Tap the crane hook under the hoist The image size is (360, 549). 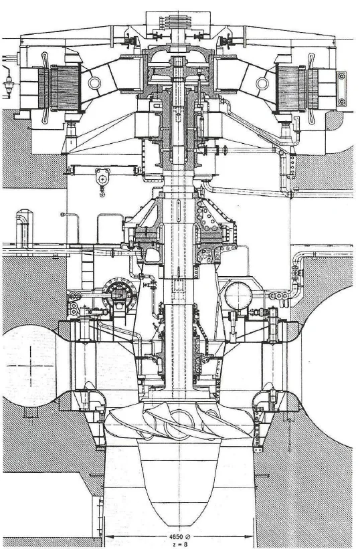click(102, 192)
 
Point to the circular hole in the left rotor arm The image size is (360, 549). click(94, 83)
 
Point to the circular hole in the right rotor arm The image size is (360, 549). click(262, 84)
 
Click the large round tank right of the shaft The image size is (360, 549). click(238, 296)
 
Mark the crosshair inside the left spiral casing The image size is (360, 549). click(30, 366)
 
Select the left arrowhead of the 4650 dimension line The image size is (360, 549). click(108, 536)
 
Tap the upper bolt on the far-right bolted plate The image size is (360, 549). click(341, 76)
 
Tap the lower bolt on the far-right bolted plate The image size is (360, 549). click(341, 102)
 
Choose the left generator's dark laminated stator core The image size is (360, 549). click(64, 88)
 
